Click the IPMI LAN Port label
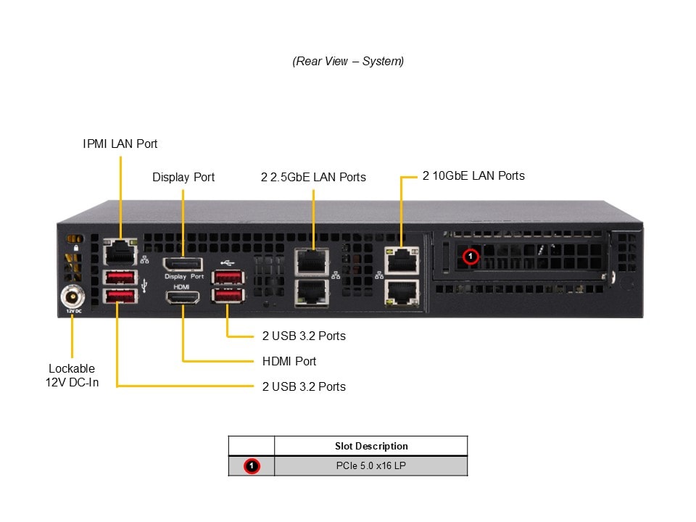(120, 144)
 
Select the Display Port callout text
(183, 177)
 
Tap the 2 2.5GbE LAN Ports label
(313, 177)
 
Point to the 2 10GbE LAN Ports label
(473, 175)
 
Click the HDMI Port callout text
(289, 361)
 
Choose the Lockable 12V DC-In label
(72, 375)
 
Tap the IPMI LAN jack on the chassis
(120, 253)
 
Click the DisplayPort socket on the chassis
(183, 265)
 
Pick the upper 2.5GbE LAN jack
(312, 261)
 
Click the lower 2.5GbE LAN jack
(312, 291)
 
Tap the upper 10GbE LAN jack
(400, 260)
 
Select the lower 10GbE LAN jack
(400, 291)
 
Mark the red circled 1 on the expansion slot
(471, 256)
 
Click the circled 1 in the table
(252, 466)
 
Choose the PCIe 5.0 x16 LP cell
(371, 466)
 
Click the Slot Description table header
(371, 446)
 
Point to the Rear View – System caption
(348, 61)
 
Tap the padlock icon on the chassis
(76, 248)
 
